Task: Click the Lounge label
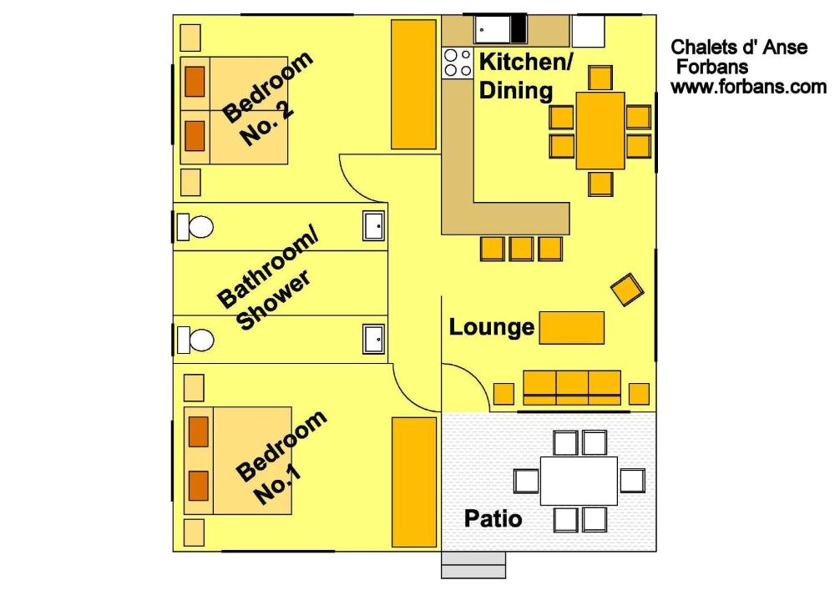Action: click(x=491, y=327)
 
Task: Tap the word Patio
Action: click(x=493, y=519)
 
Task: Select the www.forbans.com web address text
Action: click(x=748, y=87)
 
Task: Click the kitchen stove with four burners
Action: click(x=458, y=63)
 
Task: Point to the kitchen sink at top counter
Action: click(x=493, y=28)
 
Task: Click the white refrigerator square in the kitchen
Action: click(x=588, y=32)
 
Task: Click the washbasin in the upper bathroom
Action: click(x=374, y=226)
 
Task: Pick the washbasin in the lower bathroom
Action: click(x=374, y=339)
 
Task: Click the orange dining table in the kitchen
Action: click(x=600, y=131)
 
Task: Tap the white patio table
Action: click(x=579, y=481)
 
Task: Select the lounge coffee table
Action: click(x=571, y=328)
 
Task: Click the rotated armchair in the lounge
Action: click(x=627, y=290)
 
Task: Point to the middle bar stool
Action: click(x=521, y=249)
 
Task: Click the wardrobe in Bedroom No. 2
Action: click(x=414, y=84)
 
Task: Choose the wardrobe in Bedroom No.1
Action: click(x=414, y=482)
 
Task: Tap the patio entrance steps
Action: click(x=473, y=565)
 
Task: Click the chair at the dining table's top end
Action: click(x=600, y=78)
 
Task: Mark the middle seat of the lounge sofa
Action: click(x=572, y=388)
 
